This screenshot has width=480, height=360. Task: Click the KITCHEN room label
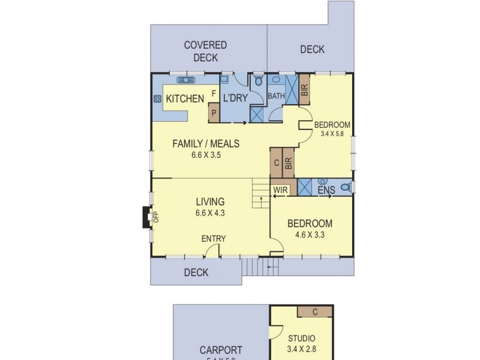point(185,98)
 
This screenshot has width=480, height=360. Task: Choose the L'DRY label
point(235,98)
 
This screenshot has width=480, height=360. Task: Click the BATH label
point(276,96)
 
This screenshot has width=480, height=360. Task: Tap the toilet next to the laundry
point(259,81)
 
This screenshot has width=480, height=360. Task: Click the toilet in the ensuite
point(345,188)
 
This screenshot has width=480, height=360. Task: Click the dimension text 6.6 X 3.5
point(206,154)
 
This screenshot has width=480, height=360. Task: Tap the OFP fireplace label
point(155,217)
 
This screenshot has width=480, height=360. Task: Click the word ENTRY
point(214,238)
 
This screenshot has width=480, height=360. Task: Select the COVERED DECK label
point(205,52)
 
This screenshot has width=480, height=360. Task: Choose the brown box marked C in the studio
point(316,311)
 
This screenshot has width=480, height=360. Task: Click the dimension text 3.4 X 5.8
point(332,134)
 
